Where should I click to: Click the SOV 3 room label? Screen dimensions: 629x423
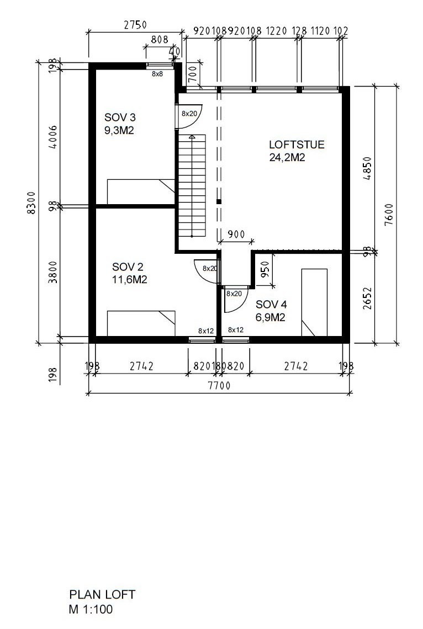click(120, 118)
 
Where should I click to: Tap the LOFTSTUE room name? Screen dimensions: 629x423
click(297, 145)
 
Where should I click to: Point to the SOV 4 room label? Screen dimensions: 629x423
click(271, 305)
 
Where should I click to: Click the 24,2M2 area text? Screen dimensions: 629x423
click(287, 157)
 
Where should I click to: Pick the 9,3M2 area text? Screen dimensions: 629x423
click(120, 130)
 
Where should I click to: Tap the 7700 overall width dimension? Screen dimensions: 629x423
click(219, 386)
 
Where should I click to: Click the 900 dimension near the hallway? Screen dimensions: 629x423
click(236, 234)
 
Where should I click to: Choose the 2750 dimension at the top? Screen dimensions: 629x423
click(135, 25)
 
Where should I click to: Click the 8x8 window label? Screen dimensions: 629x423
click(157, 73)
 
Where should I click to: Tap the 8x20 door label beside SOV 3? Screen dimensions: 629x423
click(189, 114)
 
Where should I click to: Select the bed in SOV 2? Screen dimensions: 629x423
click(141, 323)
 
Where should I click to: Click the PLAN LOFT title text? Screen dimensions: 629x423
click(102, 595)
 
